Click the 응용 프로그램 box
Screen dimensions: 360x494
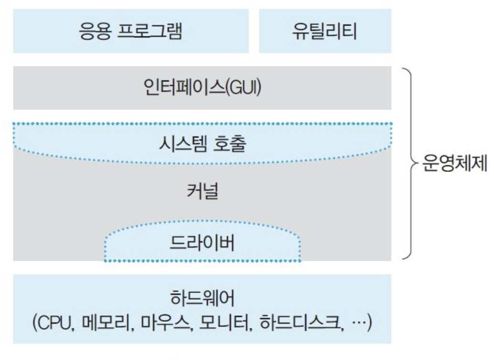coord(130,32)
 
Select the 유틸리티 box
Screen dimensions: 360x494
coord(325,32)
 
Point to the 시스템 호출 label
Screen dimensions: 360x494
coord(202,144)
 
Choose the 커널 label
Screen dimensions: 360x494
coord(203,192)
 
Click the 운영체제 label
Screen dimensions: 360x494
coord(454,164)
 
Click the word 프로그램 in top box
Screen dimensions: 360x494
coord(152,32)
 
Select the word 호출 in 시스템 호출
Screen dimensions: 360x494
coord(229,144)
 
